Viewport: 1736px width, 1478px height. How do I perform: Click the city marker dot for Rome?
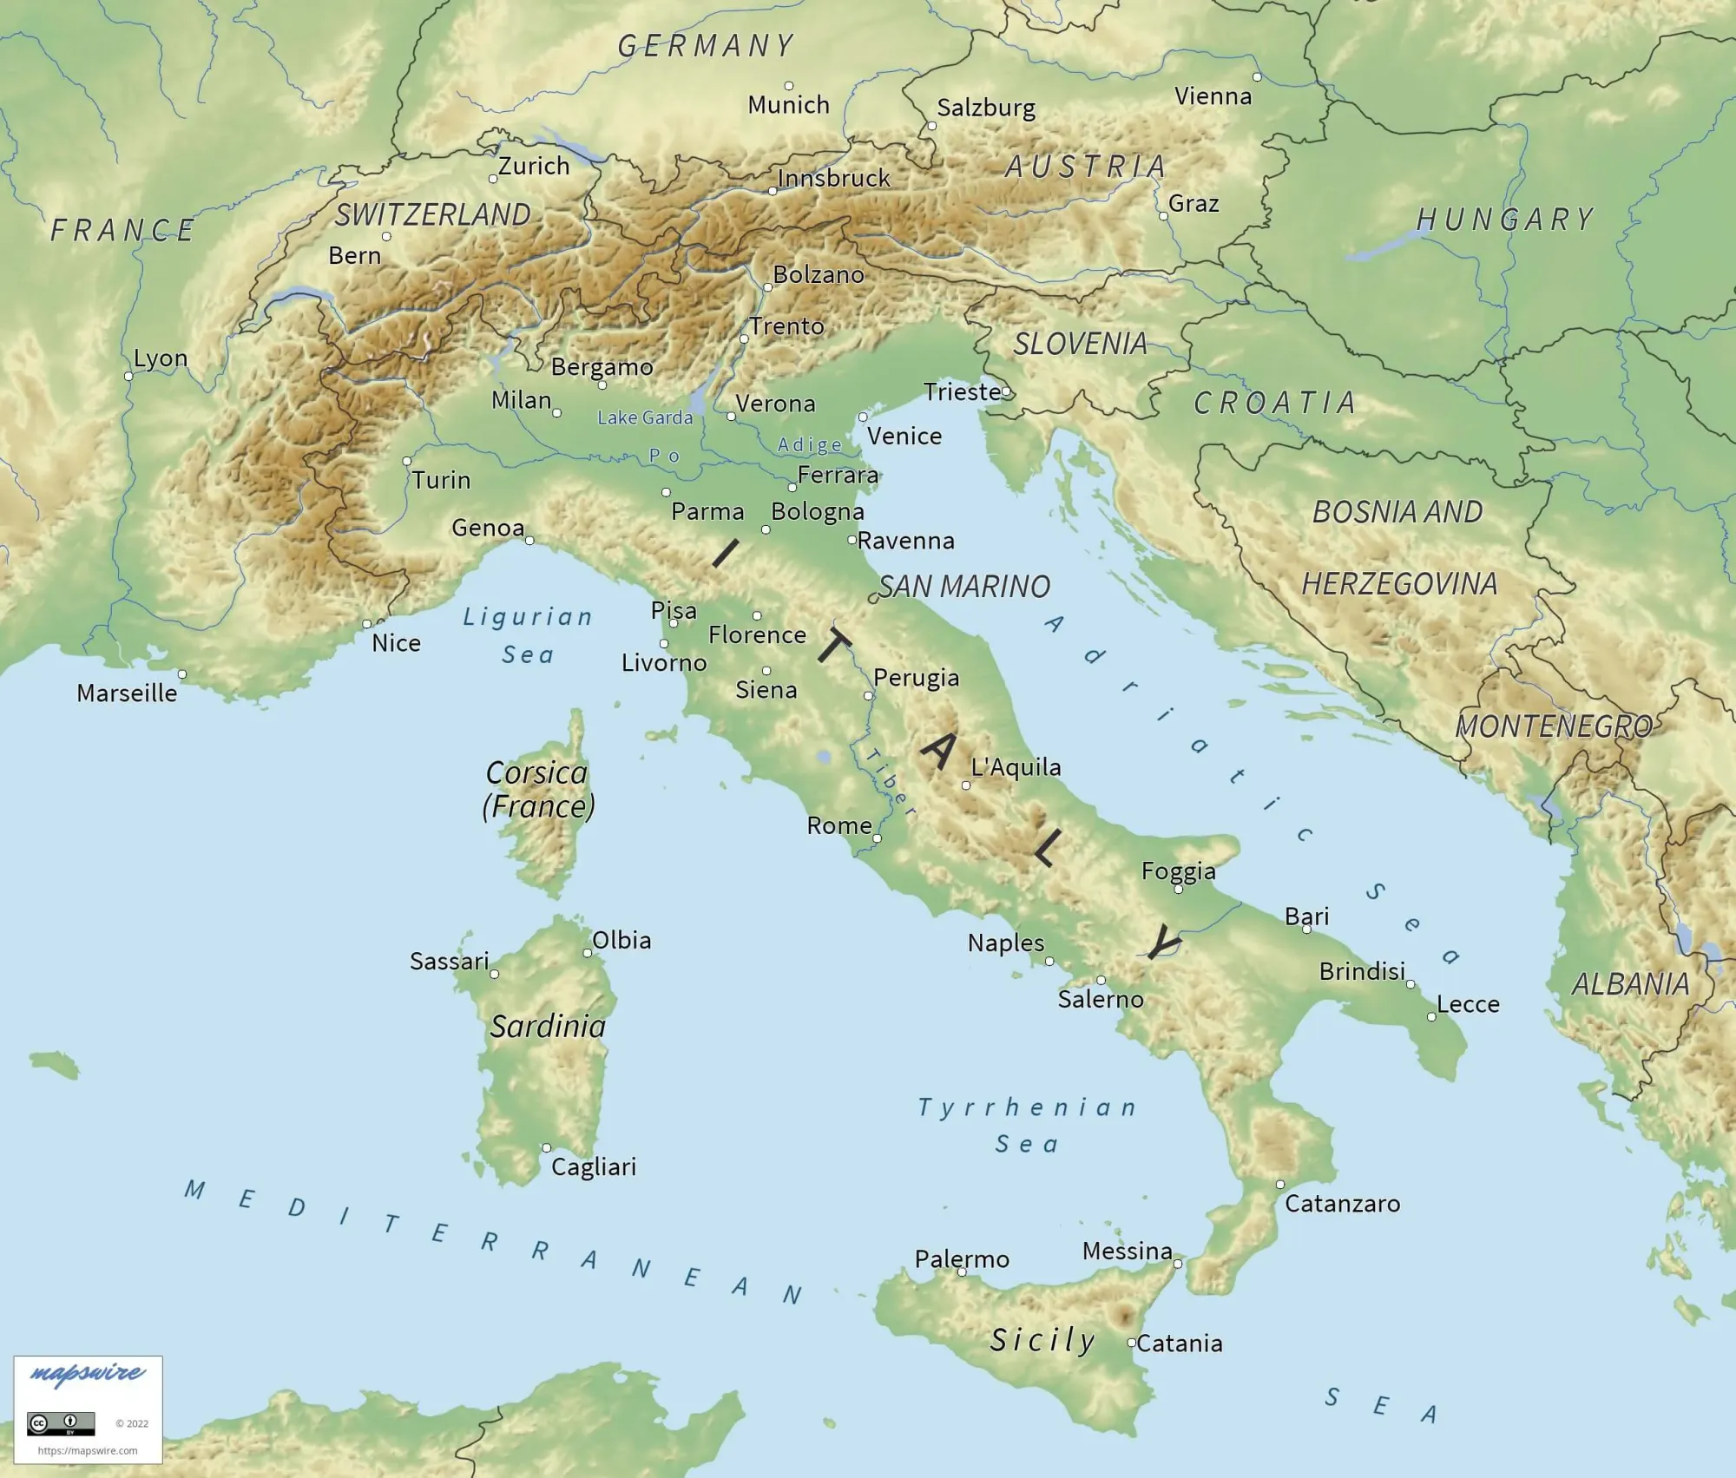pyautogui.click(x=877, y=838)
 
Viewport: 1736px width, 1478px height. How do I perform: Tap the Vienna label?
pyautogui.click(x=1213, y=96)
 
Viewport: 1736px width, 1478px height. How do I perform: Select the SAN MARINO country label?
pyautogui.click(x=963, y=587)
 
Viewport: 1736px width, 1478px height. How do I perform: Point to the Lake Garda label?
pyautogui.click(x=645, y=417)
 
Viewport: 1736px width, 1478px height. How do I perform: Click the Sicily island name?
pyautogui.click(x=1042, y=1340)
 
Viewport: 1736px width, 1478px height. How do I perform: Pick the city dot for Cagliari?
pyautogui.click(x=547, y=1148)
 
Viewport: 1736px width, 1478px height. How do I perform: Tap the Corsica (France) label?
pyautogui.click(x=538, y=790)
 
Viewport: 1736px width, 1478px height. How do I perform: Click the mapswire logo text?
pyautogui.click(x=87, y=1373)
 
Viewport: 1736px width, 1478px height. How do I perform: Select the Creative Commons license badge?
pyautogui.click(x=61, y=1423)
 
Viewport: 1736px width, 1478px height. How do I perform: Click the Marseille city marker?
pyautogui.click(x=182, y=674)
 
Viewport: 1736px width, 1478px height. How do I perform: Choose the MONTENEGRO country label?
pyautogui.click(x=1554, y=726)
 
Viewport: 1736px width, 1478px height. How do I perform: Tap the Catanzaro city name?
pyautogui.click(x=1342, y=1204)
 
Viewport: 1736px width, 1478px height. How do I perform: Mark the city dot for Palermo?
pyautogui.click(x=962, y=1272)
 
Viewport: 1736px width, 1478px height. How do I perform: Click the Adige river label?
pyautogui.click(x=810, y=445)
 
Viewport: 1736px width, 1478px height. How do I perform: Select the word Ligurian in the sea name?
pyautogui.click(x=528, y=617)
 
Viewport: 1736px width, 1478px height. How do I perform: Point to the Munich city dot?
pyautogui.click(x=789, y=86)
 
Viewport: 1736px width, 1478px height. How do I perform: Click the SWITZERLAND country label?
pyautogui.click(x=433, y=214)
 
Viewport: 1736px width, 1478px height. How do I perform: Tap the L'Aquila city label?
pyautogui.click(x=1016, y=767)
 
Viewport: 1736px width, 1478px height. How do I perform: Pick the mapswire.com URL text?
pyautogui.click(x=88, y=1450)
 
